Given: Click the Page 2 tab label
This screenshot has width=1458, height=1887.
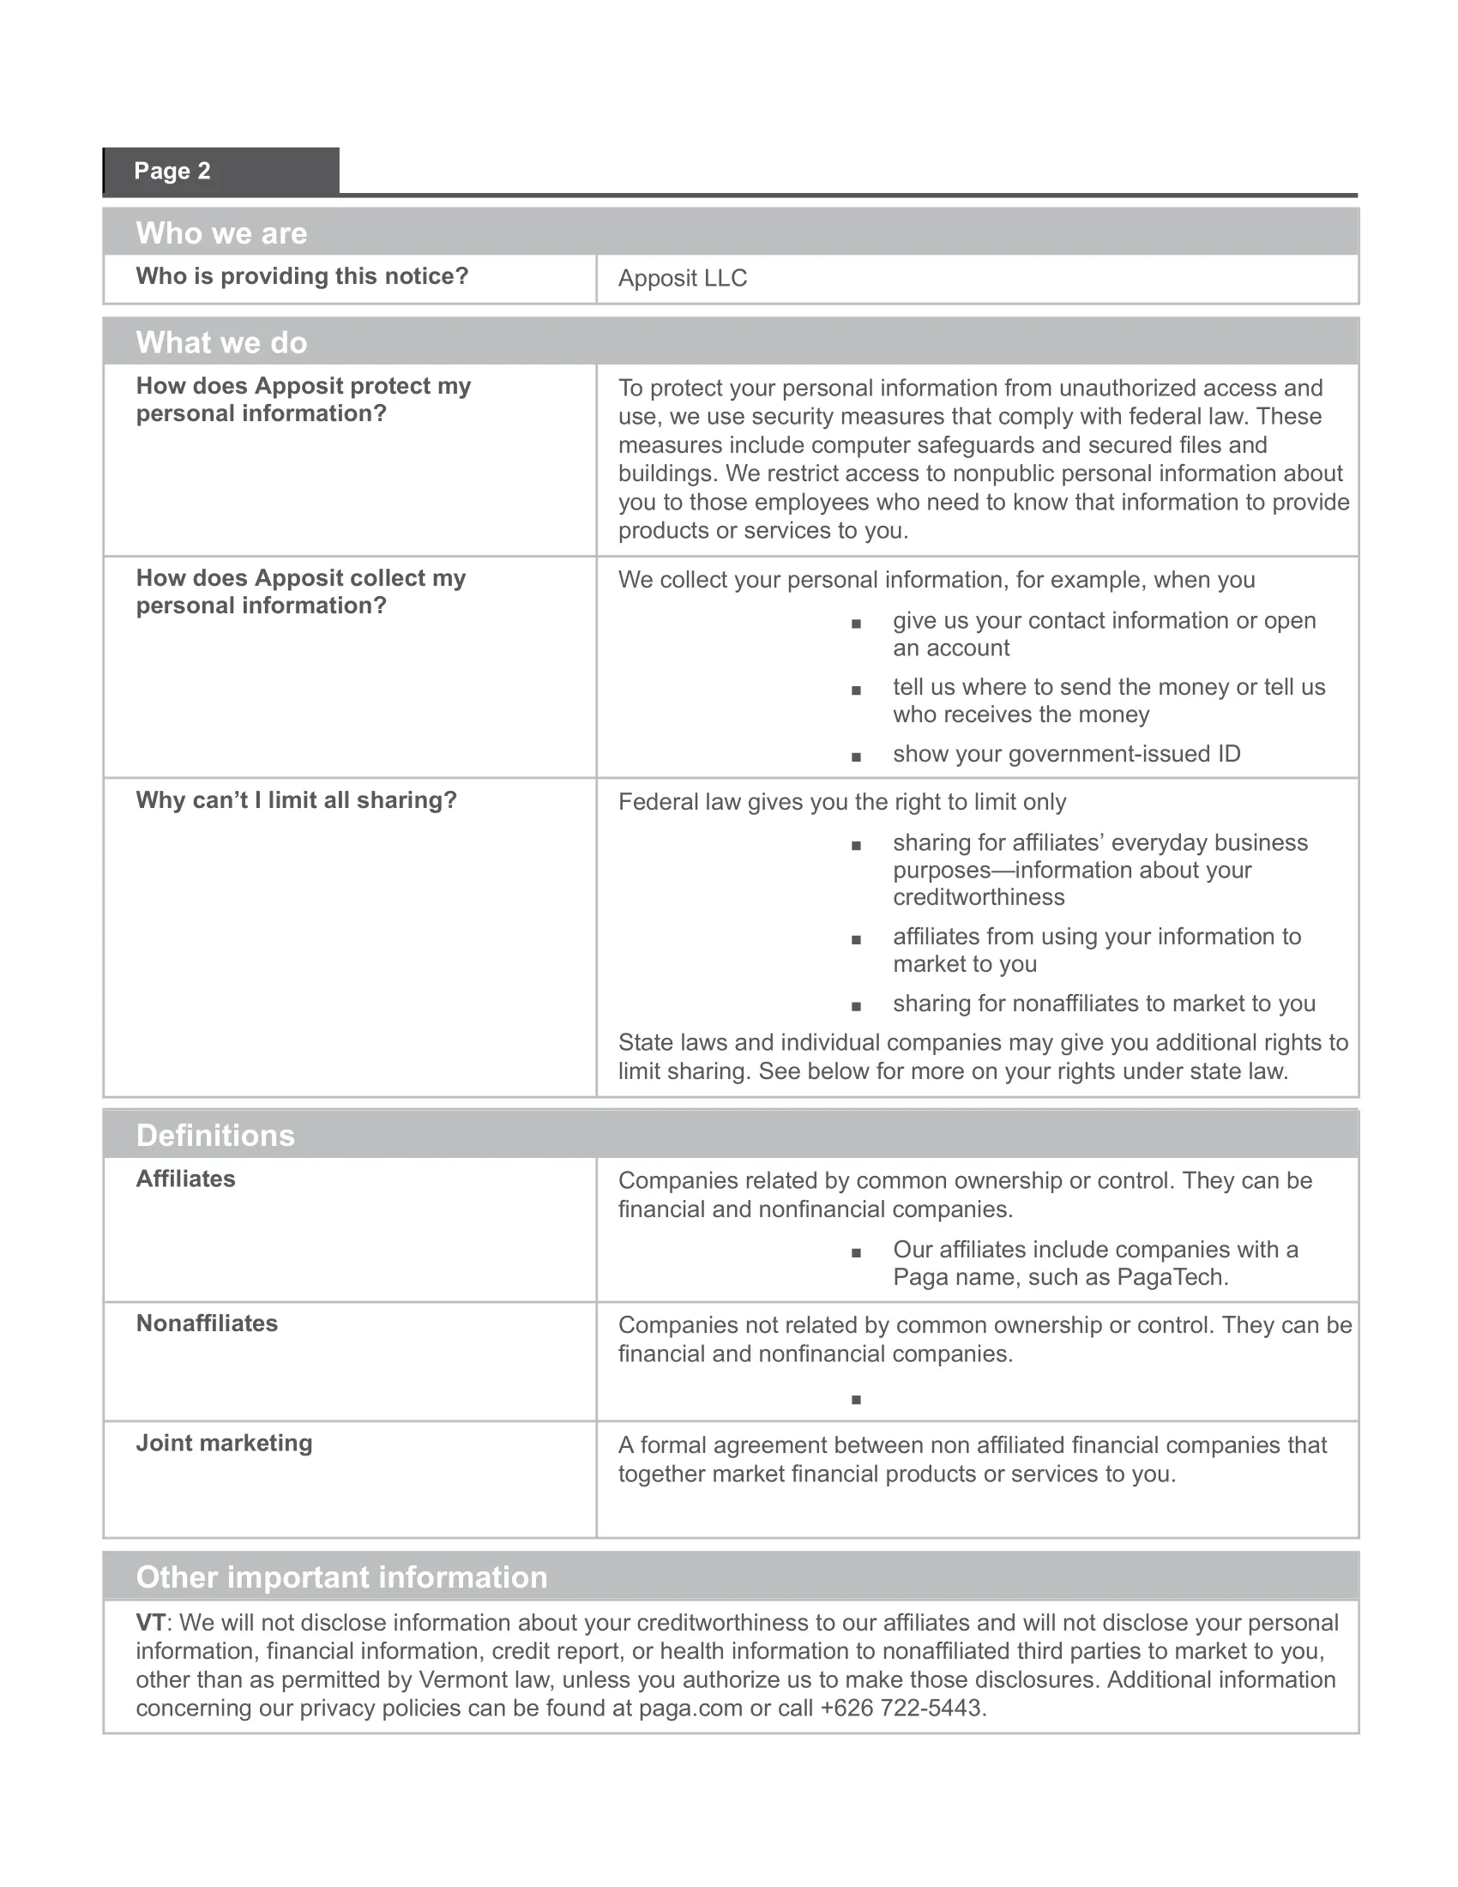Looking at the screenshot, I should coord(172,171).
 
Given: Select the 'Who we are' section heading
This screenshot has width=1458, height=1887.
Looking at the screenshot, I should coord(221,233).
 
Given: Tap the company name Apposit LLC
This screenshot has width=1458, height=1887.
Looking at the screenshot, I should coord(683,278).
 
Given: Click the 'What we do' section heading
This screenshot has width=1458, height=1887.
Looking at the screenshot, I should coord(221,343).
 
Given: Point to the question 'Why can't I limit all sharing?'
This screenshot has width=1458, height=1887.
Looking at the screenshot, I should coord(296,800).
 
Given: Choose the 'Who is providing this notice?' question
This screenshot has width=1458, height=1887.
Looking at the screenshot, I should coord(301,275).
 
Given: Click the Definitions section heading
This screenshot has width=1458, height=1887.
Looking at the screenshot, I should coord(215,1136).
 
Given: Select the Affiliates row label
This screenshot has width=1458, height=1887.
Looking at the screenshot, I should coord(186,1179).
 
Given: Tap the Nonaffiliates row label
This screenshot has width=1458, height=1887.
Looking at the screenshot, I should coord(208,1323).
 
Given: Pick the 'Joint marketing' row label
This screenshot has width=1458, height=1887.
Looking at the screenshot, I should coord(225,1443).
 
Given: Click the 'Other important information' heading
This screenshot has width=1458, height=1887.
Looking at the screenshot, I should coord(341,1577).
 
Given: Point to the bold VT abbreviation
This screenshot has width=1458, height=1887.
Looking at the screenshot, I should coord(150,1623).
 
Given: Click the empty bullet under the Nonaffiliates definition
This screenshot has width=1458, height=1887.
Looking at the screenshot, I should coord(856,1400).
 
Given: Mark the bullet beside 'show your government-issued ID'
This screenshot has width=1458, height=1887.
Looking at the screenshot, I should coord(856,757).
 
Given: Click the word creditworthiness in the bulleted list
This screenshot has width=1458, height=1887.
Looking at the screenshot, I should coord(979,897).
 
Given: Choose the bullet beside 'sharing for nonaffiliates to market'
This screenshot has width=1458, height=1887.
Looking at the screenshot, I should coord(856,1006).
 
